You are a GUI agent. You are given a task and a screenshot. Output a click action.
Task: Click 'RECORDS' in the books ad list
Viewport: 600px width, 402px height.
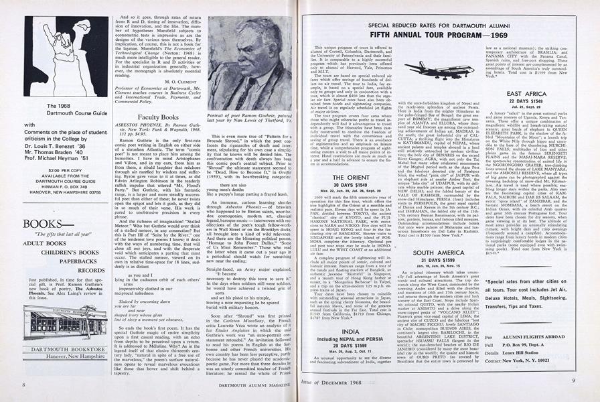[x=91, y=270]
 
